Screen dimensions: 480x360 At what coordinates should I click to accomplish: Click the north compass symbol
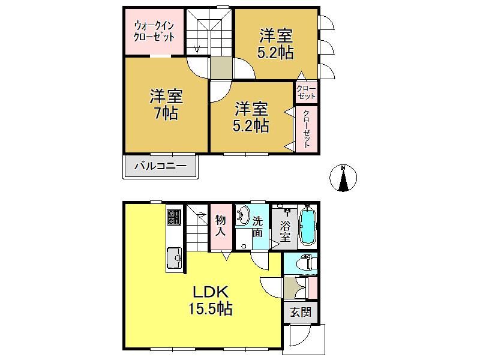click(x=343, y=178)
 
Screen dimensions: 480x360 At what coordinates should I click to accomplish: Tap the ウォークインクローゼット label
click(x=154, y=31)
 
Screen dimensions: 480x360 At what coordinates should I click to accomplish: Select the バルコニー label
click(x=161, y=166)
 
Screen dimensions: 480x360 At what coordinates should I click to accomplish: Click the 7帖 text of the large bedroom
click(x=166, y=113)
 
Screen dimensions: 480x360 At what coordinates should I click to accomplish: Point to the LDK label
click(x=211, y=292)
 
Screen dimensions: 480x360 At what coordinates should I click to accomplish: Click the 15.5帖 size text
click(x=211, y=308)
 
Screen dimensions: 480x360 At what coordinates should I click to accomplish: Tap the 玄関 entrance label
click(x=301, y=313)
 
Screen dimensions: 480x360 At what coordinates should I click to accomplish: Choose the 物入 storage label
click(x=220, y=225)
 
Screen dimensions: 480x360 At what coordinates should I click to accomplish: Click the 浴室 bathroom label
click(x=284, y=232)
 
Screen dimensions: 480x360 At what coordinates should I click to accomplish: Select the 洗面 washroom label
click(x=257, y=227)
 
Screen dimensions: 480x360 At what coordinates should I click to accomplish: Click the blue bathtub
click(x=307, y=227)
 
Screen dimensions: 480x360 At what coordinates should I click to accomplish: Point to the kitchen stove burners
click(x=174, y=217)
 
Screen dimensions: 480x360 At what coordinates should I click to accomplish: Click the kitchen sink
click(x=175, y=258)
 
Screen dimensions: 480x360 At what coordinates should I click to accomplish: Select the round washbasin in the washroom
click(x=243, y=214)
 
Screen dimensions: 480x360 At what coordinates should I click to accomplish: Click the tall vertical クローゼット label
click(x=306, y=128)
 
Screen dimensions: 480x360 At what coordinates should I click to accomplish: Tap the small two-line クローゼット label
click(x=306, y=92)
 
